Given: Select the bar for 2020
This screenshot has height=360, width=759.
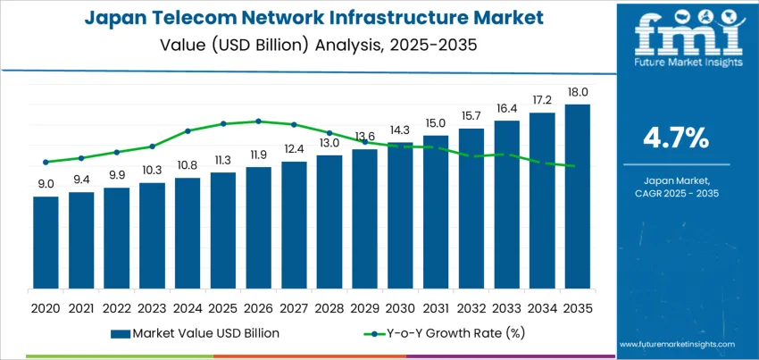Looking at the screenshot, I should (x=46, y=242).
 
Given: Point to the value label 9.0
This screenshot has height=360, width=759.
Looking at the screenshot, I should (x=46, y=184).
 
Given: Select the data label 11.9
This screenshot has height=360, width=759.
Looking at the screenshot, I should (x=258, y=155).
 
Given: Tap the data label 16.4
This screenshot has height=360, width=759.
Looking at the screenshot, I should (x=506, y=108).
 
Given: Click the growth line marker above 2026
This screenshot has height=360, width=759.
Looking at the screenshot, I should (x=258, y=121).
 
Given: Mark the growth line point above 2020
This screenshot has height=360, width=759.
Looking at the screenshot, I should (x=46, y=162).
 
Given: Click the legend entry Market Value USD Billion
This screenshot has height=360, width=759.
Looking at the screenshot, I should (x=196, y=333).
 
